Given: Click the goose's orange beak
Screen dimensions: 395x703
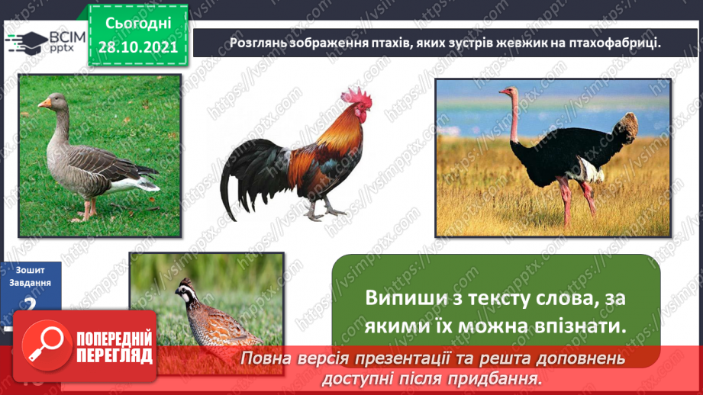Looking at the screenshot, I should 45,102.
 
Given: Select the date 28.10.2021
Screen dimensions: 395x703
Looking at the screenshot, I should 138,47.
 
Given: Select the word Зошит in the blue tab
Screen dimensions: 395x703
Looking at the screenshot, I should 30,269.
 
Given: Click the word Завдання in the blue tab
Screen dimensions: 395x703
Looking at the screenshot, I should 30,282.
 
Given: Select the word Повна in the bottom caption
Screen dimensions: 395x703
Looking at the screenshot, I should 262,358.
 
